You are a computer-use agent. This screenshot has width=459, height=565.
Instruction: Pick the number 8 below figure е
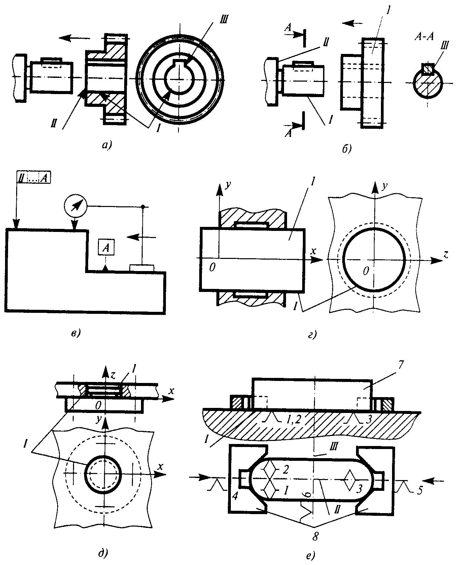pyautogui.click(x=315, y=537)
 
